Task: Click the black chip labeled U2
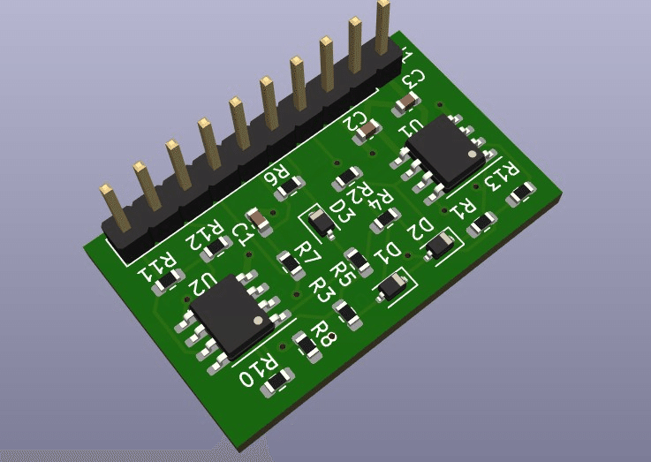(x=231, y=314)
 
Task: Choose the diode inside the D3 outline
(x=323, y=226)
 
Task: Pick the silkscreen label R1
(x=464, y=208)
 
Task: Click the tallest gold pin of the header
(x=383, y=27)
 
